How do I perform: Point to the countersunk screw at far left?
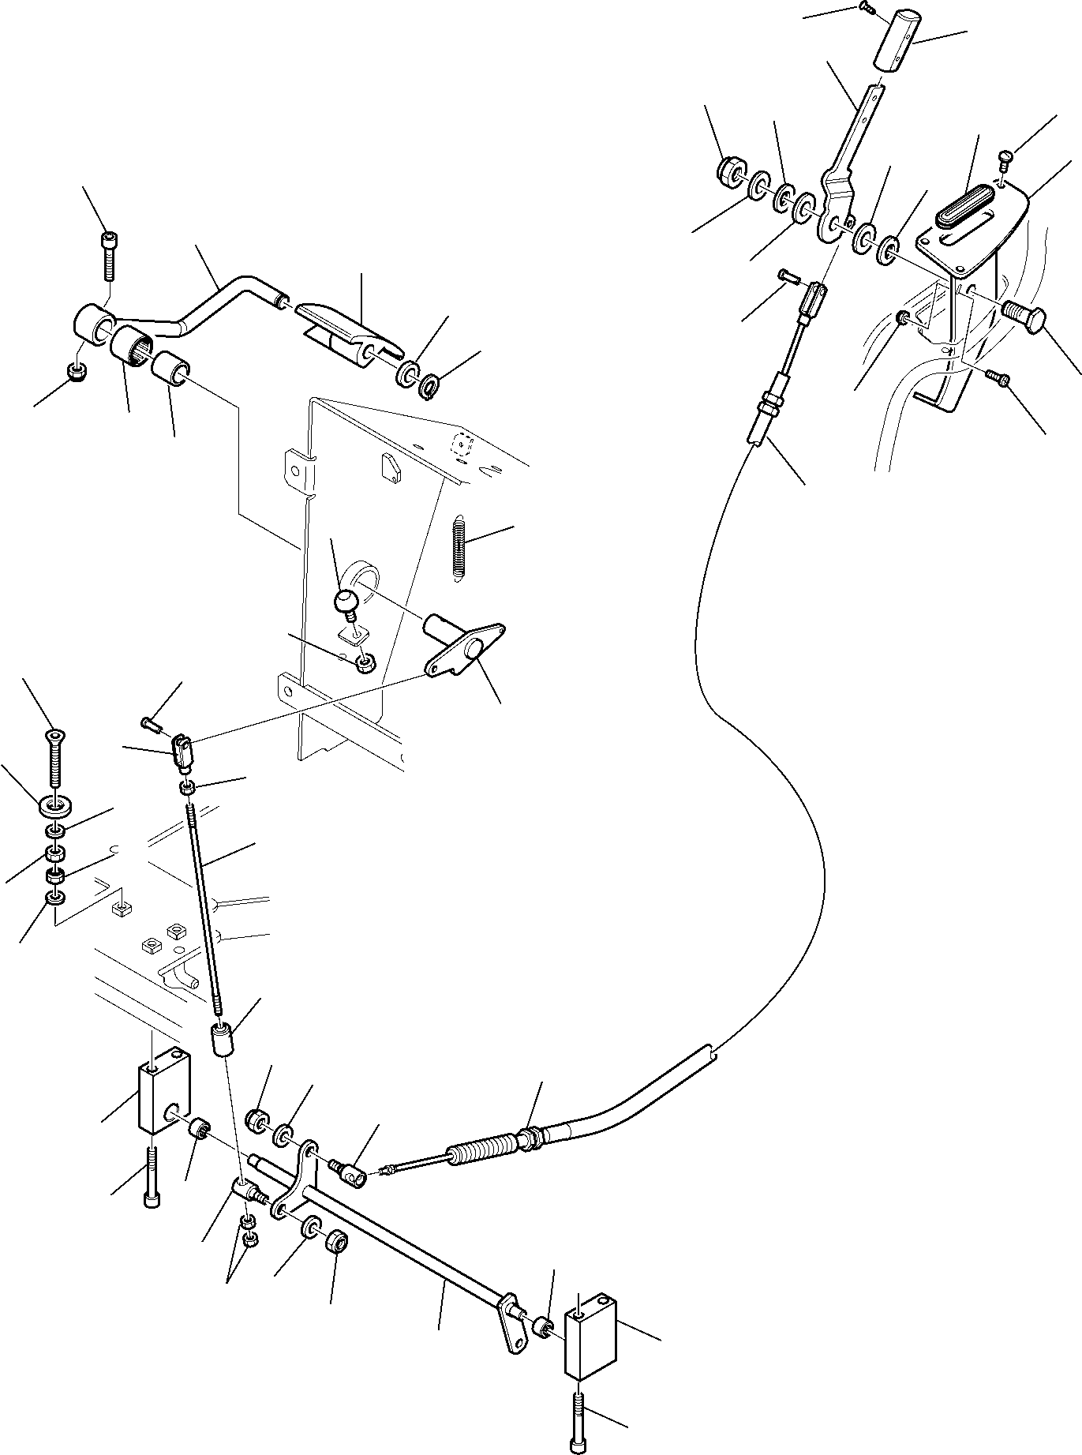tap(52, 758)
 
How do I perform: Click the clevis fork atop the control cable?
tap(814, 299)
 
